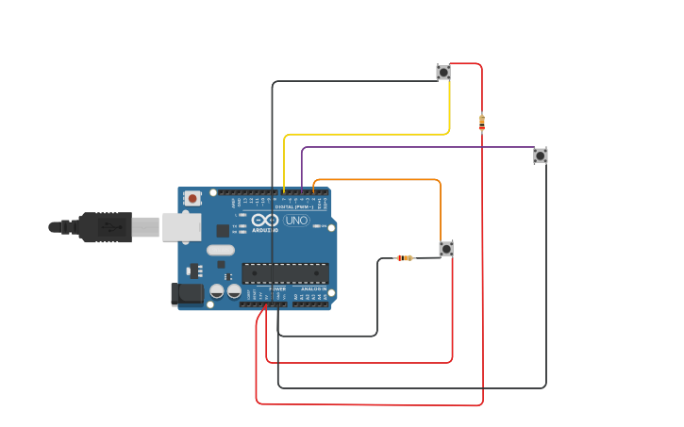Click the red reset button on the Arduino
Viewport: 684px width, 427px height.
click(x=192, y=198)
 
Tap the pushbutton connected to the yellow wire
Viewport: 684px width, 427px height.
click(x=443, y=72)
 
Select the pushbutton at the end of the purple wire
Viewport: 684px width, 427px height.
click(x=540, y=156)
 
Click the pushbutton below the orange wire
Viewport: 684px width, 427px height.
click(x=446, y=249)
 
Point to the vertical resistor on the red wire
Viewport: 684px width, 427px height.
click(x=482, y=123)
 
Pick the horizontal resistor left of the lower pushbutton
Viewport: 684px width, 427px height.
click(x=404, y=258)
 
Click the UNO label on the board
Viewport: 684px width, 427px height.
click(x=296, y=221)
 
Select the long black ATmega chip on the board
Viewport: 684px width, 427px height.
click(x=285, y=273)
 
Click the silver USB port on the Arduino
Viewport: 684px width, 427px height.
click(x=180, y=227)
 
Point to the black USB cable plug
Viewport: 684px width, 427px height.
click(x=104, y=227)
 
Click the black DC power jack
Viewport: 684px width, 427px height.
click(x=187, y=294)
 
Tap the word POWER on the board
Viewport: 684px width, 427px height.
click(x=265, y=288)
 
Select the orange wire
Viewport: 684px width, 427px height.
click(x=377, y=179)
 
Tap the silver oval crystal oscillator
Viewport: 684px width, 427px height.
click(x=219, y=251)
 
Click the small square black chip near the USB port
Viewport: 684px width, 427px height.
click(x=223, y=230)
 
